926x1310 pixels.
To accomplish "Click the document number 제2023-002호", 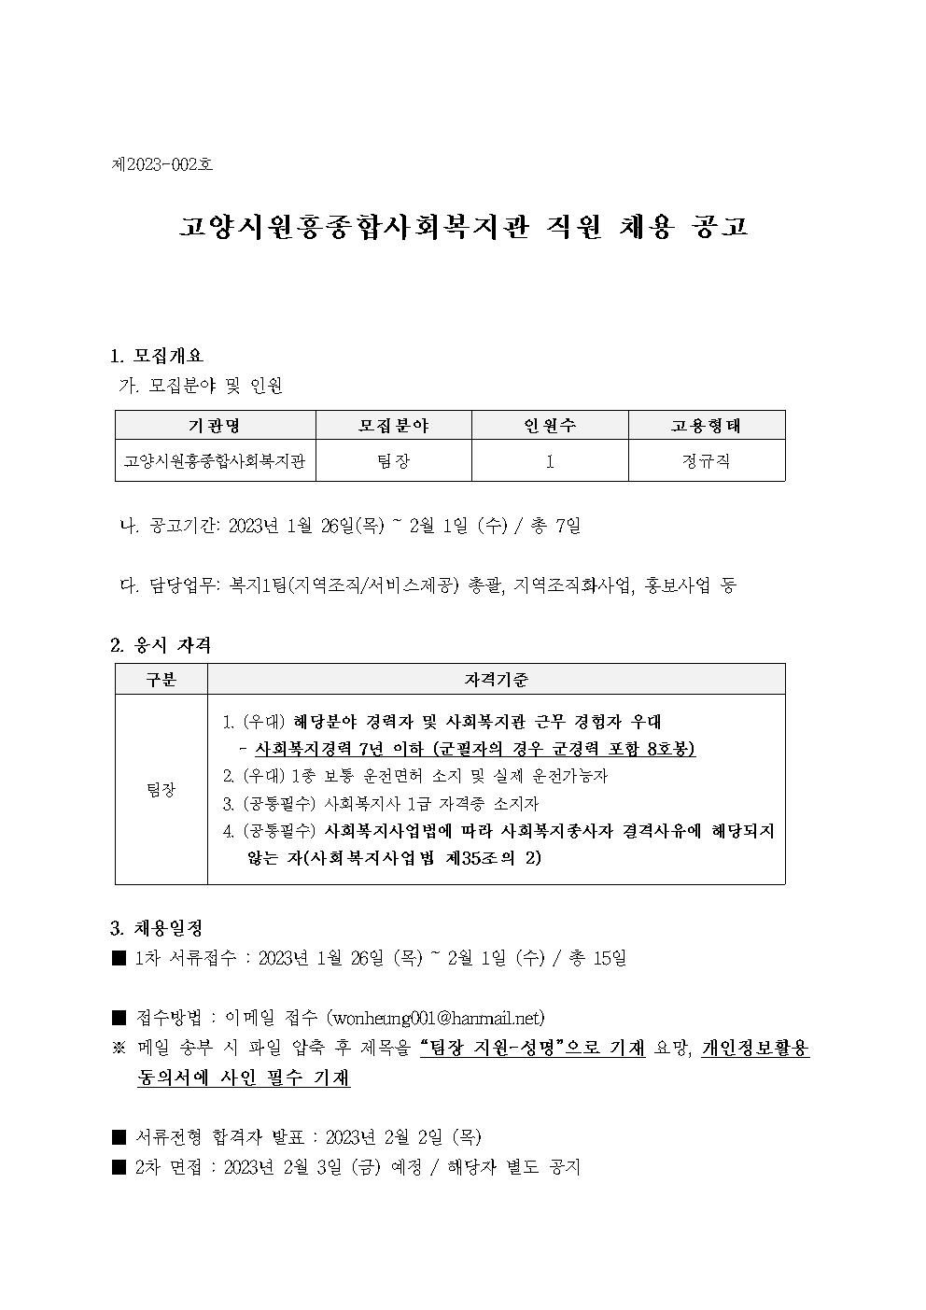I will pyautogui.click(x=161, y=164).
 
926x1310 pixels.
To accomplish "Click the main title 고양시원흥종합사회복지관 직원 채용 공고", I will pyautogui.click(x=463, y=227).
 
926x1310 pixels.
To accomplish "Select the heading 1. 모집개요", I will pyautogui.click(x=157, y=356).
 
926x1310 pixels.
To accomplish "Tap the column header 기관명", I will pyautogui.click(x=215, y=426).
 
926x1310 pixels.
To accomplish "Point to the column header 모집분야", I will pyautogui.click(x=393, y=426).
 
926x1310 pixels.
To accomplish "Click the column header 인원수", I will pyautogui.click(x=549, y=426).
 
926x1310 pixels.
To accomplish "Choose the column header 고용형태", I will pyautogui.click(x=706, y=426).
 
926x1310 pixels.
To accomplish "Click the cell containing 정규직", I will pyautogui.click(x=706, y=461).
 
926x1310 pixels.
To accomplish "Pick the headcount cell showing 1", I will pyautogui.click(x=550, y=461).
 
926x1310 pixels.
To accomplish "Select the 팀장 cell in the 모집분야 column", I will pyautogui.click(x=393, y=461).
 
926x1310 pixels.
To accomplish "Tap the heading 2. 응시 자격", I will pyautogui.click(x=161, y=644).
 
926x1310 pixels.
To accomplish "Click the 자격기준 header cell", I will pyautogui.click(x=496, y=680).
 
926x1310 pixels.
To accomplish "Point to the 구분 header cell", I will pyautogui.click(x=161, y=680).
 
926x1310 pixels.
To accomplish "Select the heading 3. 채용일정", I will pyautogui.click(x=157, y=928).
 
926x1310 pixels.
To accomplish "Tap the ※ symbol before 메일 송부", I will pyautogui.click(x=119, y=1049).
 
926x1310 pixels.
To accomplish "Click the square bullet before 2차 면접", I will pyautogui.click(x=119, y=1167).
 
